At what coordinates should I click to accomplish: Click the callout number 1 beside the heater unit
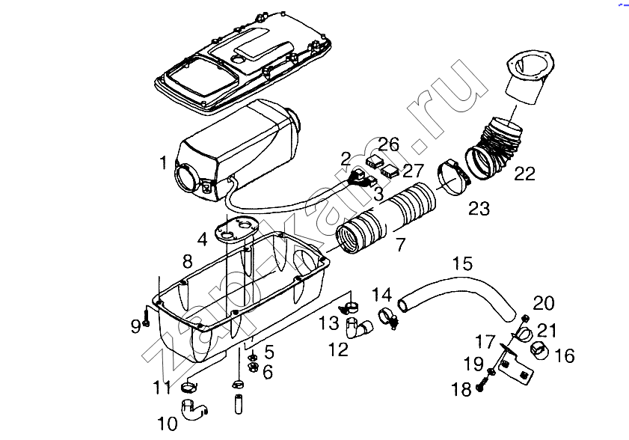[162, 162]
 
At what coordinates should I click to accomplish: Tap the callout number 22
[524, 174]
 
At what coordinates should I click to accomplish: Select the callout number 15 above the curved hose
[462, 263]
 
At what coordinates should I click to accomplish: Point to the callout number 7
[400, 244]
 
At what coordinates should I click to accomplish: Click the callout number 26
[388, 144]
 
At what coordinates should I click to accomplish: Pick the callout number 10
[168, 424]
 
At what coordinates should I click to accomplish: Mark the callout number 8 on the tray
[187, 261]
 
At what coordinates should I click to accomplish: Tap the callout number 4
[202, 239]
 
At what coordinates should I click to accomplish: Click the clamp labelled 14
[387, 317]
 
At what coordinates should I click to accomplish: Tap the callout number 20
[544, 303]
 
